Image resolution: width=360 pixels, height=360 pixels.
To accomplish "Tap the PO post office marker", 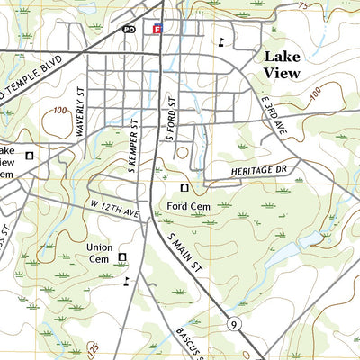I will tap(129, 29).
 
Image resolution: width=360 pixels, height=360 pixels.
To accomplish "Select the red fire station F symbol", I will tap(157, 29).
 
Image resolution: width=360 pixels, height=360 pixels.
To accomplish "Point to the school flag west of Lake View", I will tap(220, 41).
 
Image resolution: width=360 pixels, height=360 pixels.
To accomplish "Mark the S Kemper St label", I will tap(133, 145).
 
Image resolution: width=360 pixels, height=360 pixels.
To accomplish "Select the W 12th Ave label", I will tap(115, 208).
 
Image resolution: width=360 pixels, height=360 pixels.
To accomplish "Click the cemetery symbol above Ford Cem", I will tap(185, 188).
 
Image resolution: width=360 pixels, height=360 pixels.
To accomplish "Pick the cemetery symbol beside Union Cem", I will tap(123, 258).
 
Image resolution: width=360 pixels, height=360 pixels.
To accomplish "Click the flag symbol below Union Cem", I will tap(126, 281).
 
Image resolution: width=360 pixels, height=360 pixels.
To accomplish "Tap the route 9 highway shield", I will tap(233, 324).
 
